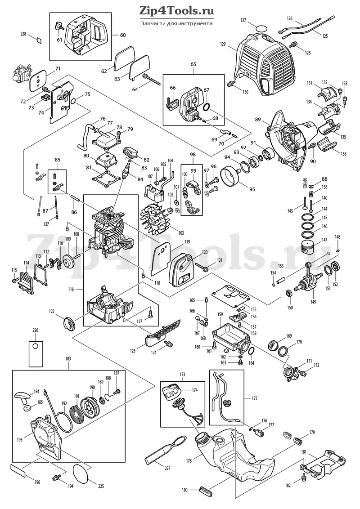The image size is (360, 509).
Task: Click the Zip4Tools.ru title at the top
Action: [176, 11]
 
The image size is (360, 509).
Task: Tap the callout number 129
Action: [223, 44]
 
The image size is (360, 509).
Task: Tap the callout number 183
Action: [68, 359]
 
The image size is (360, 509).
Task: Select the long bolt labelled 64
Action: [151, 79]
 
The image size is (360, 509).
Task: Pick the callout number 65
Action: [193, 64]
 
